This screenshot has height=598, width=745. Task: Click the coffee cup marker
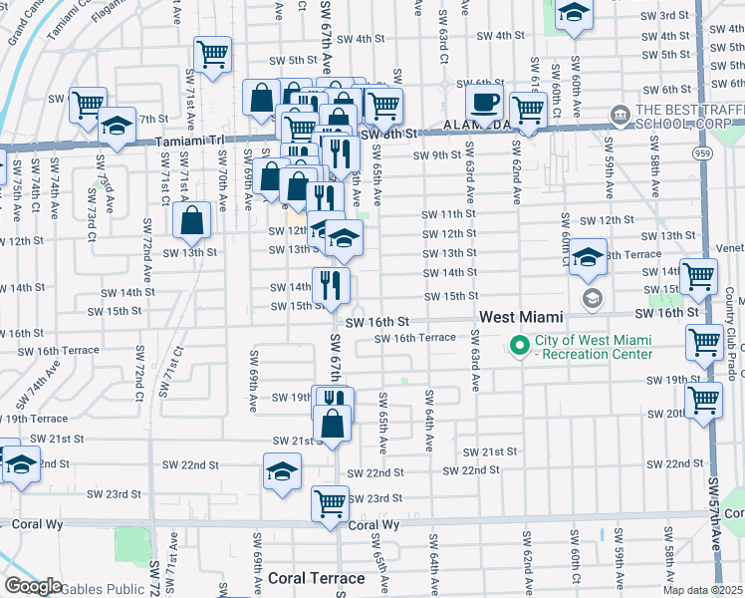click(485, 103)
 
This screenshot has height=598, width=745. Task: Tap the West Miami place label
click(521, 317)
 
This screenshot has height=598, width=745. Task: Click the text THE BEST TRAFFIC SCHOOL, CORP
click(687, 119)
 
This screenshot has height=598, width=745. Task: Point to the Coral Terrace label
click(318, 578)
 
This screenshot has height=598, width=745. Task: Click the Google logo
click(34, 586)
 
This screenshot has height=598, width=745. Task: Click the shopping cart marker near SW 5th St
click(213, 56)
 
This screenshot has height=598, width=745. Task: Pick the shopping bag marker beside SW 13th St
click(191, 221)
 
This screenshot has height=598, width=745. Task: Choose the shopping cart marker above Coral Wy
click(330, 502)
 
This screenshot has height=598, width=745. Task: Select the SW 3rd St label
click(665, 17)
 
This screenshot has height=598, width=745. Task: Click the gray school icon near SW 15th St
click(592, 298)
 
